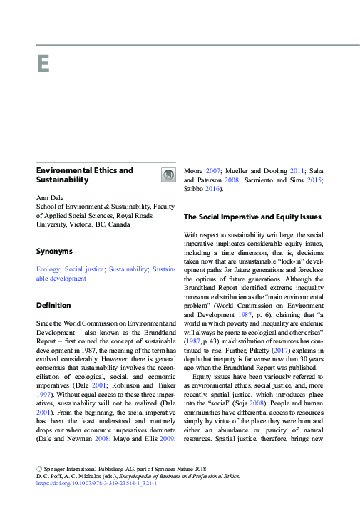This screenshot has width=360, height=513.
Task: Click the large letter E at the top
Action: (x=43, y=64)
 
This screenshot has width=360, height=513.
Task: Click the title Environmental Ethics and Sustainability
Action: (x=84, y=175)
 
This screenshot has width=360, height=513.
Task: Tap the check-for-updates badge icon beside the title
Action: (x=168, y=175)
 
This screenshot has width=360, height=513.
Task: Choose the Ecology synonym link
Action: (x=48, y=269)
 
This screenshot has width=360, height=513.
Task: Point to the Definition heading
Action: (x=53, y=305)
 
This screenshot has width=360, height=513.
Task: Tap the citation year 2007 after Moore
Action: (x=213, y=171)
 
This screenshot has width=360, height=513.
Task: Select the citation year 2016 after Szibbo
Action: (x=211, y=189)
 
